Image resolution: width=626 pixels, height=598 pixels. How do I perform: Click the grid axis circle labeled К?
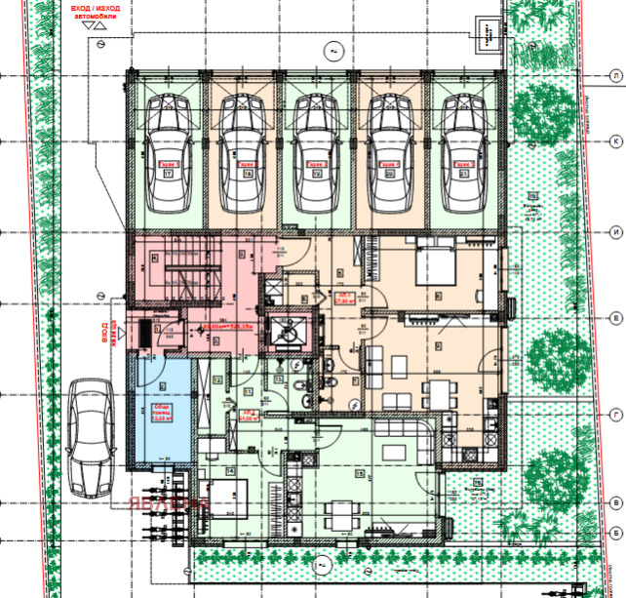(x=616, y=141)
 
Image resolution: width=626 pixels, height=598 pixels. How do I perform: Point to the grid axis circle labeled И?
(x=616, y=232)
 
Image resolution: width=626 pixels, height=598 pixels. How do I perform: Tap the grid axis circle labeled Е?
(x=616, y=318)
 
